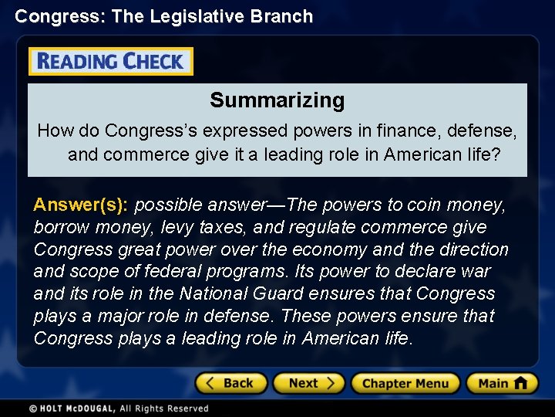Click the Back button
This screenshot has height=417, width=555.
[230, 383]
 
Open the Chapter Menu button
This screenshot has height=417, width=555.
[405, 383]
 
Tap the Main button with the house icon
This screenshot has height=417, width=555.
[502, 383]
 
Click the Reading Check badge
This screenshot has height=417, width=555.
[111, 62]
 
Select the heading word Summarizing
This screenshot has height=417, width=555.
[277, 100]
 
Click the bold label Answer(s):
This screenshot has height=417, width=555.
[82, 205]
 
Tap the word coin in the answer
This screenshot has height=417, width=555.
[422, 205]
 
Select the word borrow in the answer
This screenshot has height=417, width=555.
[59, 227]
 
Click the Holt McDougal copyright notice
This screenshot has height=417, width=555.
[119, 409]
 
